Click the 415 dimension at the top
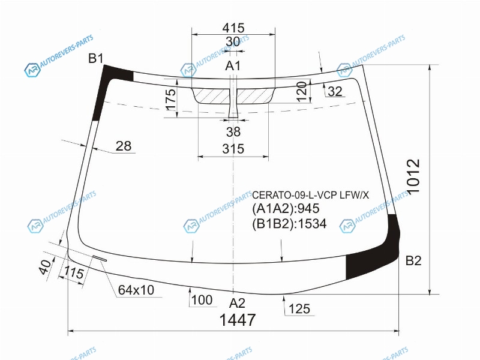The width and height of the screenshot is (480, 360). tap(233, 28)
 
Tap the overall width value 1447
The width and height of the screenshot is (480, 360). tap(238, 320)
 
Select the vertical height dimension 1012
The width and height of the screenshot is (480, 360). tap(414, 176)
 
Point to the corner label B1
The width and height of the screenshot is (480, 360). tap(96, 58)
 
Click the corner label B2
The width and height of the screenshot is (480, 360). tap(413, 260)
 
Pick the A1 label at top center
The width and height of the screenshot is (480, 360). tap(233, 65)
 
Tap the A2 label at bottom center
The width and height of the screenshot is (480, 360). tap(237, 303)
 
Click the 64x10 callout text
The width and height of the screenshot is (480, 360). tap(136, 290)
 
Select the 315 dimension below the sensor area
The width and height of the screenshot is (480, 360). tap(233, 149)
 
